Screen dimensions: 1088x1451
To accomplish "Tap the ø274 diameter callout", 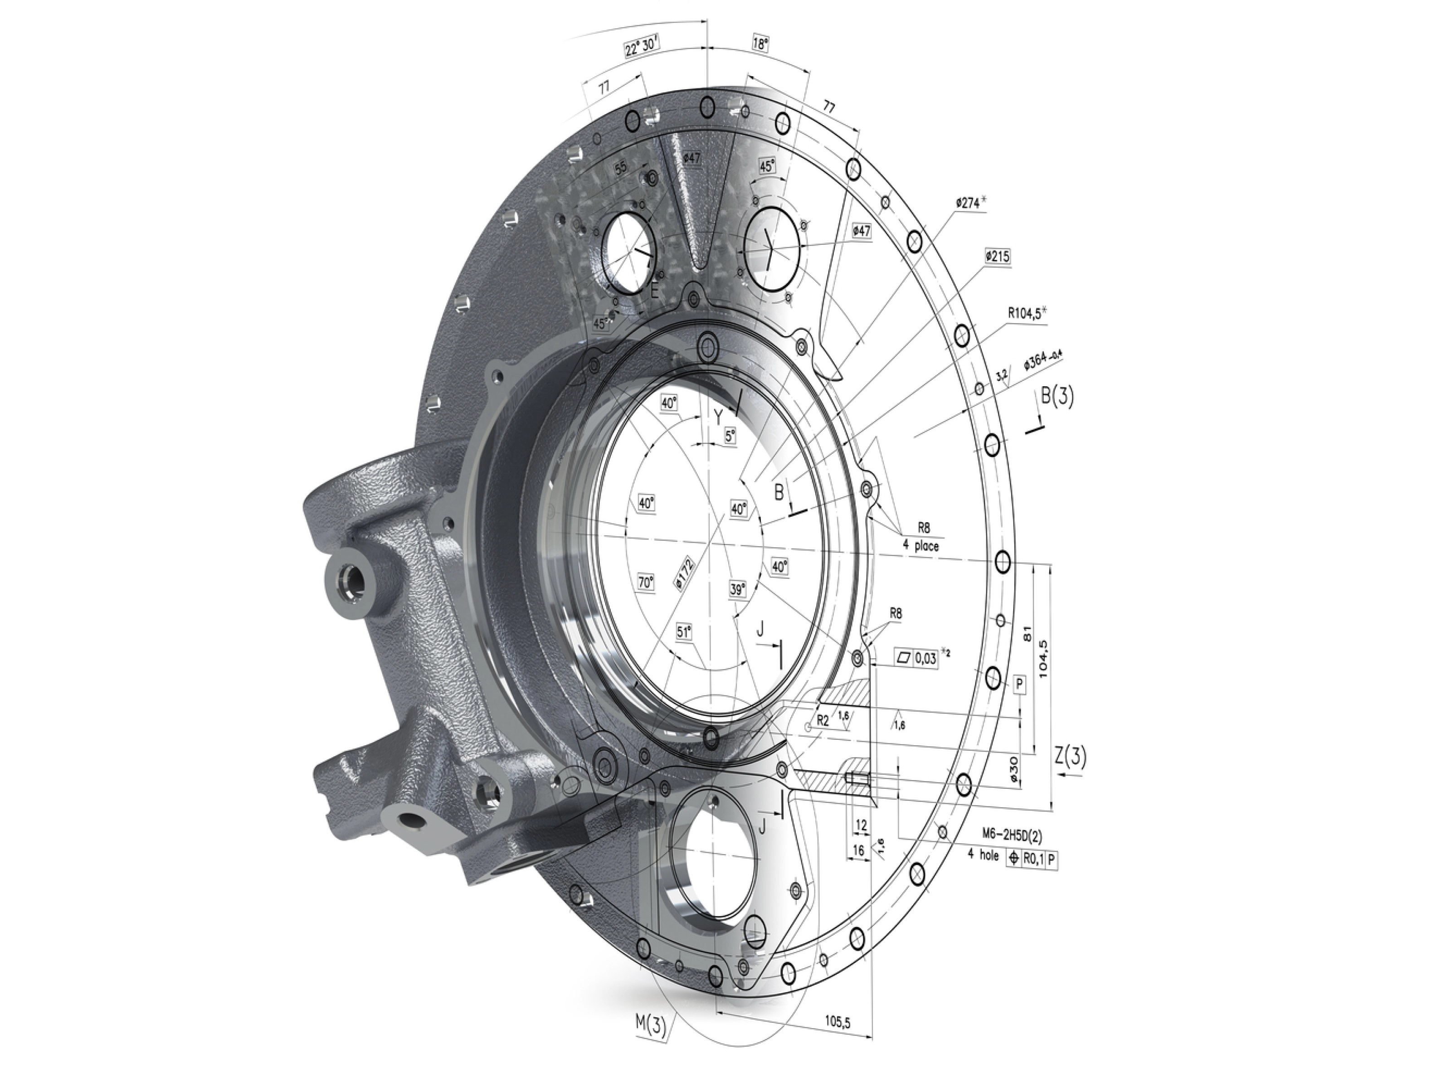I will tap(970, 203).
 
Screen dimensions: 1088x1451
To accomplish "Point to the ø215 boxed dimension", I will tap(997, 257).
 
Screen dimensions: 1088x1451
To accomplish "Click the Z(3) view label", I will tap(1070, 756).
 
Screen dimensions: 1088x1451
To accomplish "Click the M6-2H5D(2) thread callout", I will tap(1012, 834).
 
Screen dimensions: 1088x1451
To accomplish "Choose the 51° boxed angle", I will tap(684, 631).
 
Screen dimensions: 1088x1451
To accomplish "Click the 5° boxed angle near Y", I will tap(730, 436).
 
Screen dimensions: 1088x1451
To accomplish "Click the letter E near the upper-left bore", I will tap(654, 291).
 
